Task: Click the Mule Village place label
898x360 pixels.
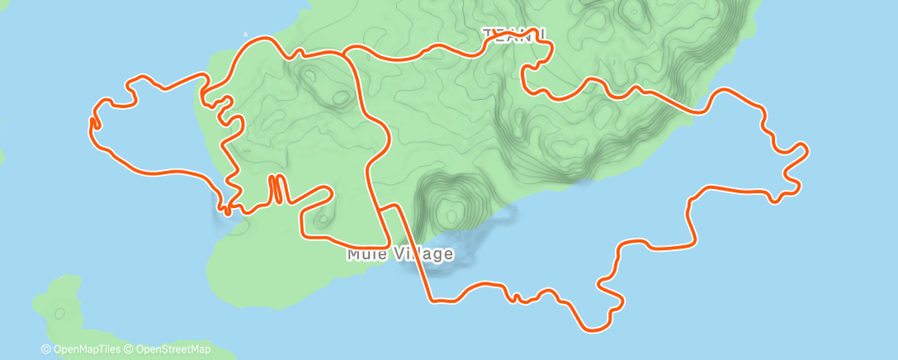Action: point(399,253)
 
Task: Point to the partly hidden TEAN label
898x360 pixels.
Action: point(505,34)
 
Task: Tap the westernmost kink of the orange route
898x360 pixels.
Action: point(91,123)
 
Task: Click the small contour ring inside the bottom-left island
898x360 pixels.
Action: point(59,313)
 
